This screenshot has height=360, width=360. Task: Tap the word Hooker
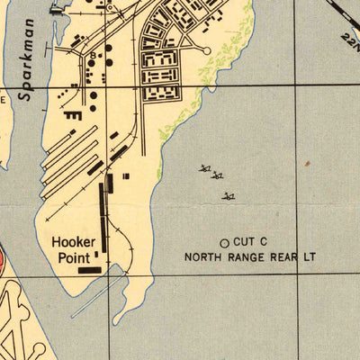73,241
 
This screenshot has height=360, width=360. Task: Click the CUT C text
250,242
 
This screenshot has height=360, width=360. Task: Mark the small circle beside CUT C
224,242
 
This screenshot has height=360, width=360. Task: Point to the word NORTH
203,256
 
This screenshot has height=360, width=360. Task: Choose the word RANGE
247,256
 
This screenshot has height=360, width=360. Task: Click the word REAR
284,256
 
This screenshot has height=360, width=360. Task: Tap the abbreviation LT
310,256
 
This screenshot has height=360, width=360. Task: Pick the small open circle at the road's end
206,51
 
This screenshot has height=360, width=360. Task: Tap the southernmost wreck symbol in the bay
229,195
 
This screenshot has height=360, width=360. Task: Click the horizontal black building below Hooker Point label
90,268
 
